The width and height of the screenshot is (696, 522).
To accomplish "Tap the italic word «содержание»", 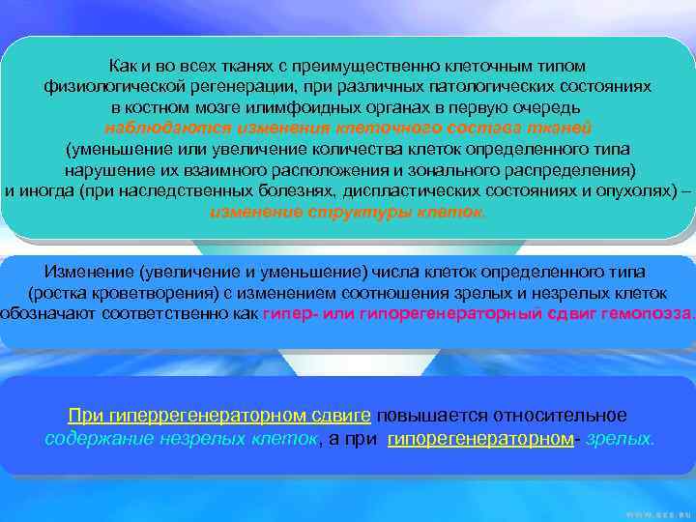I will [94, 438].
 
